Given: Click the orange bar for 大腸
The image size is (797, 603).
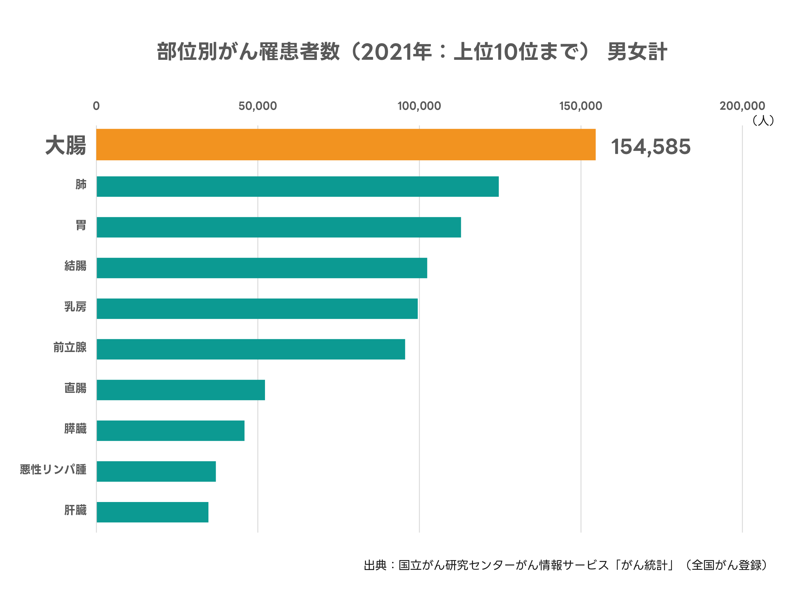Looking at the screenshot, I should (x=346, y=144).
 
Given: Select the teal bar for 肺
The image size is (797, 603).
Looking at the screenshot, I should (x=298, y=187).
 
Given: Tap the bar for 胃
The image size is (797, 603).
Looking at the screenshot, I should (x=279, y=227).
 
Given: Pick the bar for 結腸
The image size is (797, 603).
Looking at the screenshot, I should (x=262, y=268).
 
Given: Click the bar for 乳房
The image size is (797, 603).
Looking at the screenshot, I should (x=257, y=309).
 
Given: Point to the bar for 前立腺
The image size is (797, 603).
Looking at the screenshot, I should (x=251, y=349).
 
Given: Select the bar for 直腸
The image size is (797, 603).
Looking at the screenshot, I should (x=181, y=390).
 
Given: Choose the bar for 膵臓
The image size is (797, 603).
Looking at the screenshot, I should (x=171, y=431).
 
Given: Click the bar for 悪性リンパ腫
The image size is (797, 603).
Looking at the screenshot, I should (x=156, y=471).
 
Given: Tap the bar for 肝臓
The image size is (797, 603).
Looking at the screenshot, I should (x=152, y=512).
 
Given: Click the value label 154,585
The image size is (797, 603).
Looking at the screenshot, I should (x=651, y=147).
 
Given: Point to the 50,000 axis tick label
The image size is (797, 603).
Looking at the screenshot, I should (x=258, y=106).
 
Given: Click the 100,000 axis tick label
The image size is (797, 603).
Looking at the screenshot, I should (x=419, y=106).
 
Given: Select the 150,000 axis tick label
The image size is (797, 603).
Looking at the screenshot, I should (x=580, y=106).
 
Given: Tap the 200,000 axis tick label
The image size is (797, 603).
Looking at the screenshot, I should (x=742, y=106).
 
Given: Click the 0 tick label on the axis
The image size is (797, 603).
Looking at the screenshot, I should (x=96, y=106).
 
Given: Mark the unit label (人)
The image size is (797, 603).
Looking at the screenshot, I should (x=763, y=121).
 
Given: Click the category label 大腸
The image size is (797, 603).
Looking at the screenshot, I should (x=66, y=145).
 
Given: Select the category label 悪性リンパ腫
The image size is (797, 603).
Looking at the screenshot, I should (x=53, y=470).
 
